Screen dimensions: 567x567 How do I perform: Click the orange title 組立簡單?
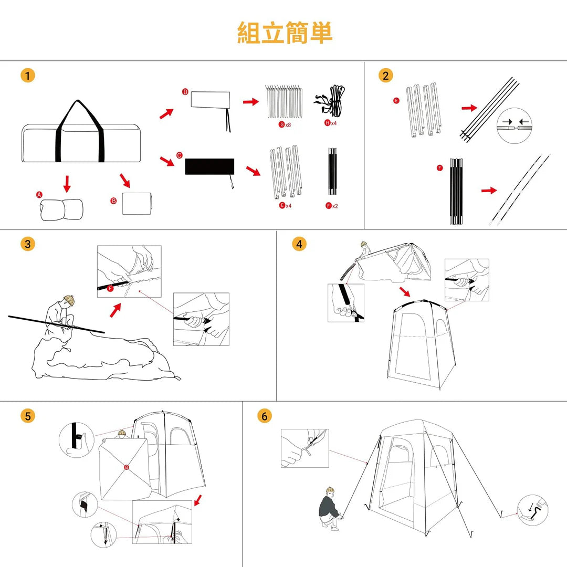tap(285, 33)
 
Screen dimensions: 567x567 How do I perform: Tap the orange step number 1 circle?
tap(27, 76)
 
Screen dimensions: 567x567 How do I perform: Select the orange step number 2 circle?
tap(386, 76)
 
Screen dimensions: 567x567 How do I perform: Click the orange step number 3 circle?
tap(27, 244)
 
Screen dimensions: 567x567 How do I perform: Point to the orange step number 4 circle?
tap(299, 244)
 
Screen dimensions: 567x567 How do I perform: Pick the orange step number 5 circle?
tap(27, 416)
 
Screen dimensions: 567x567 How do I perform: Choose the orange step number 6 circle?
tap(265, 416)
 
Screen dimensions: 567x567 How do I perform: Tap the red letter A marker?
tap(39, 195)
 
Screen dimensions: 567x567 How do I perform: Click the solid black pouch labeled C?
tap(209, 166)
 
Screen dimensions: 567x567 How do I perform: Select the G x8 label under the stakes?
tap(285, 125)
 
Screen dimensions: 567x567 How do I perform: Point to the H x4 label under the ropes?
tap(331, 123)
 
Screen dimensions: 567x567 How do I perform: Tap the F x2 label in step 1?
tap(331, 206)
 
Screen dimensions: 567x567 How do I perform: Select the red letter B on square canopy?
tap(126, 467)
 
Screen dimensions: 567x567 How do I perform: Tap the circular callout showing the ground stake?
tap(533, 510)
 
